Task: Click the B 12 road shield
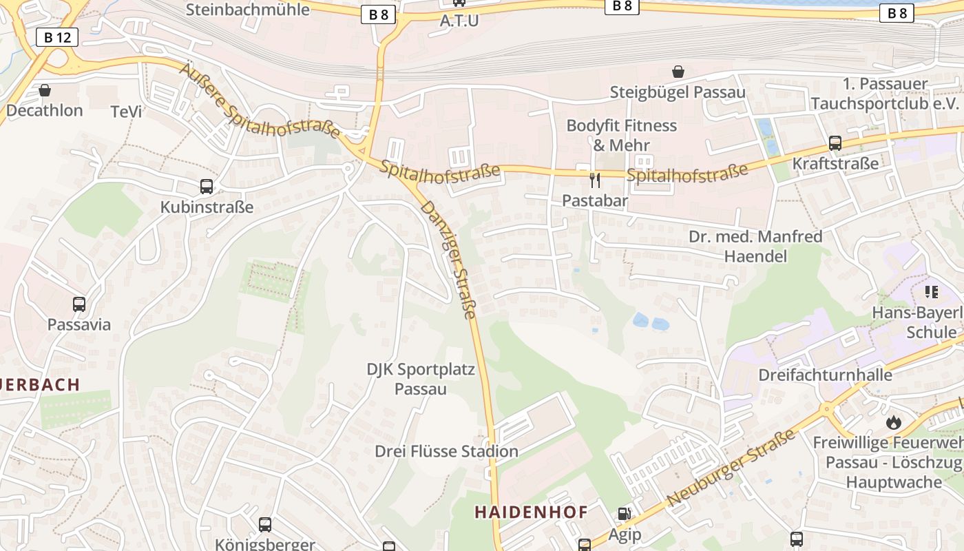click(x=57, y=37)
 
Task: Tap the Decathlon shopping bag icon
click(x=45, y=90)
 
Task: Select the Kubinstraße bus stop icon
click(x=207, y=186)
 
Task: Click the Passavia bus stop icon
click(x=79, y=304)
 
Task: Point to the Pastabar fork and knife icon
click(x=595, y=180)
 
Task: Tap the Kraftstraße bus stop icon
click(x=835, y=143)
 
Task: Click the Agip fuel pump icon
click(x=625, y=514)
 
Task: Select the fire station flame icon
click(x=894, y=422)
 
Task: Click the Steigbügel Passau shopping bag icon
click(x=678, y=72)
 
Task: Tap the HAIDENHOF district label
click(x=532, y=512)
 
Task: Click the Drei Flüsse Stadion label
click(x=446, y=451)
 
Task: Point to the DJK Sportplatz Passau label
click(x=421, y=379)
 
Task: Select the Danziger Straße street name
click(x=448, y=260)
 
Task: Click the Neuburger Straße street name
click(x=731, y=467)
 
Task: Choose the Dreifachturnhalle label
click(x=825, y=375)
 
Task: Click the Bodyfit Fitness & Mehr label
click(x=622, y=135)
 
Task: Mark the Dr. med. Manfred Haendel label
click(x=755, y=247)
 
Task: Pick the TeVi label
click(x=126, y=111)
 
